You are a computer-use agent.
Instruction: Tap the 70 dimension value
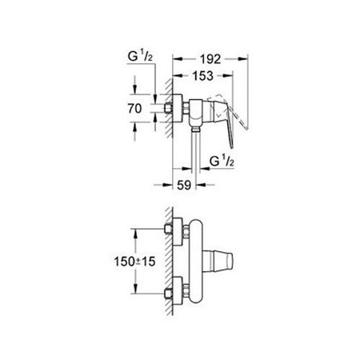[135, 106]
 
